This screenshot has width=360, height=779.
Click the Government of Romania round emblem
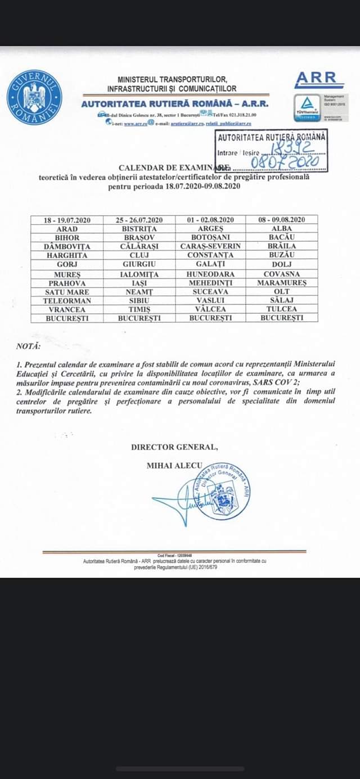point(33,97)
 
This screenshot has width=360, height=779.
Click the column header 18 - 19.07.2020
point(67,219)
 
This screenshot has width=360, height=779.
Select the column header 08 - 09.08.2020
point(281,219)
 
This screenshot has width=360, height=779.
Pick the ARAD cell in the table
point(67,229)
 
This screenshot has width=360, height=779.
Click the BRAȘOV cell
point(139,238)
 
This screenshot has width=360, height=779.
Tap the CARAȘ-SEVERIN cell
point(210,246)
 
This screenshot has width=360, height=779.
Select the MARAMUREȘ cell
point(281,282)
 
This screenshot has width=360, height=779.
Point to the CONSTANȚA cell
point(210,255)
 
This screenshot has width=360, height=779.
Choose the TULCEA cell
point(281,309)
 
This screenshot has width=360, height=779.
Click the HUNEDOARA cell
point(210,273)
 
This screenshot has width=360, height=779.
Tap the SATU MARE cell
point(67,291)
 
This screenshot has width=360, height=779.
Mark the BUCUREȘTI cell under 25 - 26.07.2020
point(139,318)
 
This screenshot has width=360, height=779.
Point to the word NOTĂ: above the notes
point(29,346)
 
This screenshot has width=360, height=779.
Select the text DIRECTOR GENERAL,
point(174,447)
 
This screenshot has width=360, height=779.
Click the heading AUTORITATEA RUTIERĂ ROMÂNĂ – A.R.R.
point(174,103)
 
